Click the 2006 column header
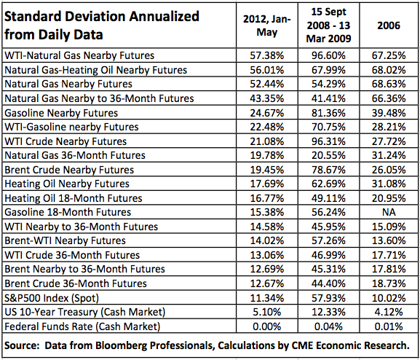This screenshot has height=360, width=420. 389,26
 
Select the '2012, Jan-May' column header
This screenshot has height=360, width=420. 267,26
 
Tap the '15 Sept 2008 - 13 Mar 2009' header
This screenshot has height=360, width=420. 328,26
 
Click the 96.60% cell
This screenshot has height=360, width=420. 328,55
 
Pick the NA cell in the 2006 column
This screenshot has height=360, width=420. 389,212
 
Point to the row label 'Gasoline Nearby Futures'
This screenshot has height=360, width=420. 61,113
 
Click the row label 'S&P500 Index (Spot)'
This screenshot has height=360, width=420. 52,298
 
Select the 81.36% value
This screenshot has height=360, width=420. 328,113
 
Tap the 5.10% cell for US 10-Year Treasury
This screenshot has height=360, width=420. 267,312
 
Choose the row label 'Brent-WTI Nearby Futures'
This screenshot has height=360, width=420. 65,240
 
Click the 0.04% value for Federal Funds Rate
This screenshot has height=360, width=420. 328,326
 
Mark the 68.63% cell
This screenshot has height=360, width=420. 389,84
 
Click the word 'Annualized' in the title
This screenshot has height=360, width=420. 165,16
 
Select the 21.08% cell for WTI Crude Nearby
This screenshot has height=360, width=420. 267,141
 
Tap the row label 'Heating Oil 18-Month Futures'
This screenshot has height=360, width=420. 74,198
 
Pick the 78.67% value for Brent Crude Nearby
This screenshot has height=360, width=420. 328,170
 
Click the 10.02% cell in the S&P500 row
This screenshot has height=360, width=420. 389,298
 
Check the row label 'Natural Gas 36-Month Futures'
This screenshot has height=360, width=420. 75,155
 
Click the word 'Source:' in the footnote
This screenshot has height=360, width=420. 23,345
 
